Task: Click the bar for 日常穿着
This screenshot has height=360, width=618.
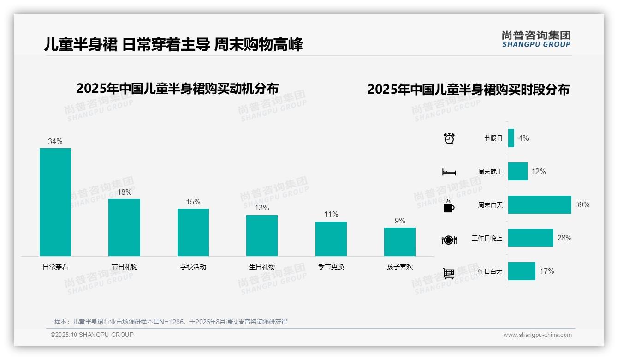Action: pos(55,202)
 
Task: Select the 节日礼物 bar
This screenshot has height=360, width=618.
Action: pos(124,227)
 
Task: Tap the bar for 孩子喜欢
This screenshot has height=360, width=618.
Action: pos(400,241)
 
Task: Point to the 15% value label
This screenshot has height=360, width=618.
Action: pos(193,202)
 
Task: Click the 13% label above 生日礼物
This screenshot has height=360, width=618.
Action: pos(262,208)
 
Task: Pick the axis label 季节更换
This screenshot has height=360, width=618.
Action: pos(331,267)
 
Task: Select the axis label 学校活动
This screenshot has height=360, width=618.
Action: pos(193,267)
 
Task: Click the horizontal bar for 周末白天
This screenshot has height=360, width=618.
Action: pos(540,204)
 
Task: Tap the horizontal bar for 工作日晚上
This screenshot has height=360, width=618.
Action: pos(530,238)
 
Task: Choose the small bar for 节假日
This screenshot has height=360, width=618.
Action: pos(511,138)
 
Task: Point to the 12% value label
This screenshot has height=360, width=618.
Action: pos(538,171)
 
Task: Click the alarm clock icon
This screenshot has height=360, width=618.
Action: pos(449,138)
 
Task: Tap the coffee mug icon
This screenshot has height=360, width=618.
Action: pos(449,206)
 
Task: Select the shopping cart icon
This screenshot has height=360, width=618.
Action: pos(449,273)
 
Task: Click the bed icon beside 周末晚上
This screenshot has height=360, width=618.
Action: pos(449,172)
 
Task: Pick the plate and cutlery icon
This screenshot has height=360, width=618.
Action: pos(449,240)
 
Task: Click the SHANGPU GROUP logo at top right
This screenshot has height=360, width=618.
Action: pos(536,39)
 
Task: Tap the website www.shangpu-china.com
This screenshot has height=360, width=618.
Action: pos(537,335)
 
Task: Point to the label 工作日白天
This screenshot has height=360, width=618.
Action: pos(487,271)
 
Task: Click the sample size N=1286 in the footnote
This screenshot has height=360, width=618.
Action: pos(171,322)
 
